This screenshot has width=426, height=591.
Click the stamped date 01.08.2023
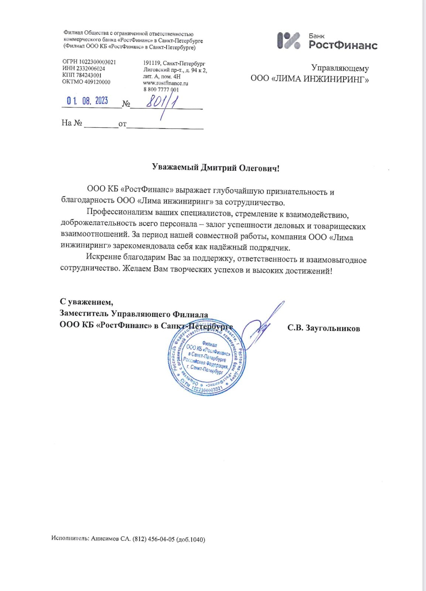tap(87, 101)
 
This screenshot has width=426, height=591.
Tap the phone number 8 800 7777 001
tap(161, 90)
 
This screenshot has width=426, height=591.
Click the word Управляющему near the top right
tap(340, 68)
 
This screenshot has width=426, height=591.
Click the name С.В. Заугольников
tap(324, 328)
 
